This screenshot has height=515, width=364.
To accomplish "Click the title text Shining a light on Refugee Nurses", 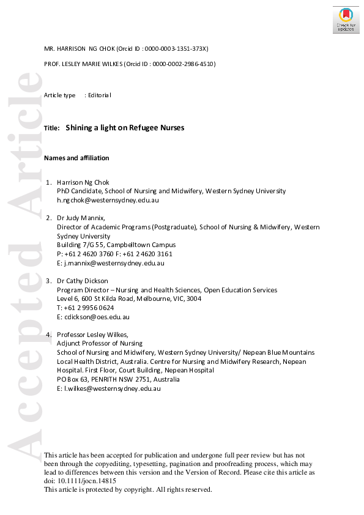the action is click(125, 128).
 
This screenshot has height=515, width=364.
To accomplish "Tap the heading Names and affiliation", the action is click(76, 158).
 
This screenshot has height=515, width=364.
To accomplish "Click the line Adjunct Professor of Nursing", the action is click(99, 344).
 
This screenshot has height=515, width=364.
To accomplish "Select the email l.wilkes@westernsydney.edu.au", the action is click(111, 388).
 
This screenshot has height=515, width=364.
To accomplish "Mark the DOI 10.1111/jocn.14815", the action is click(86, 481).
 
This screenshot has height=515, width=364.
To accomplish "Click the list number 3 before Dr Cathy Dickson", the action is click(49, 281).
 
